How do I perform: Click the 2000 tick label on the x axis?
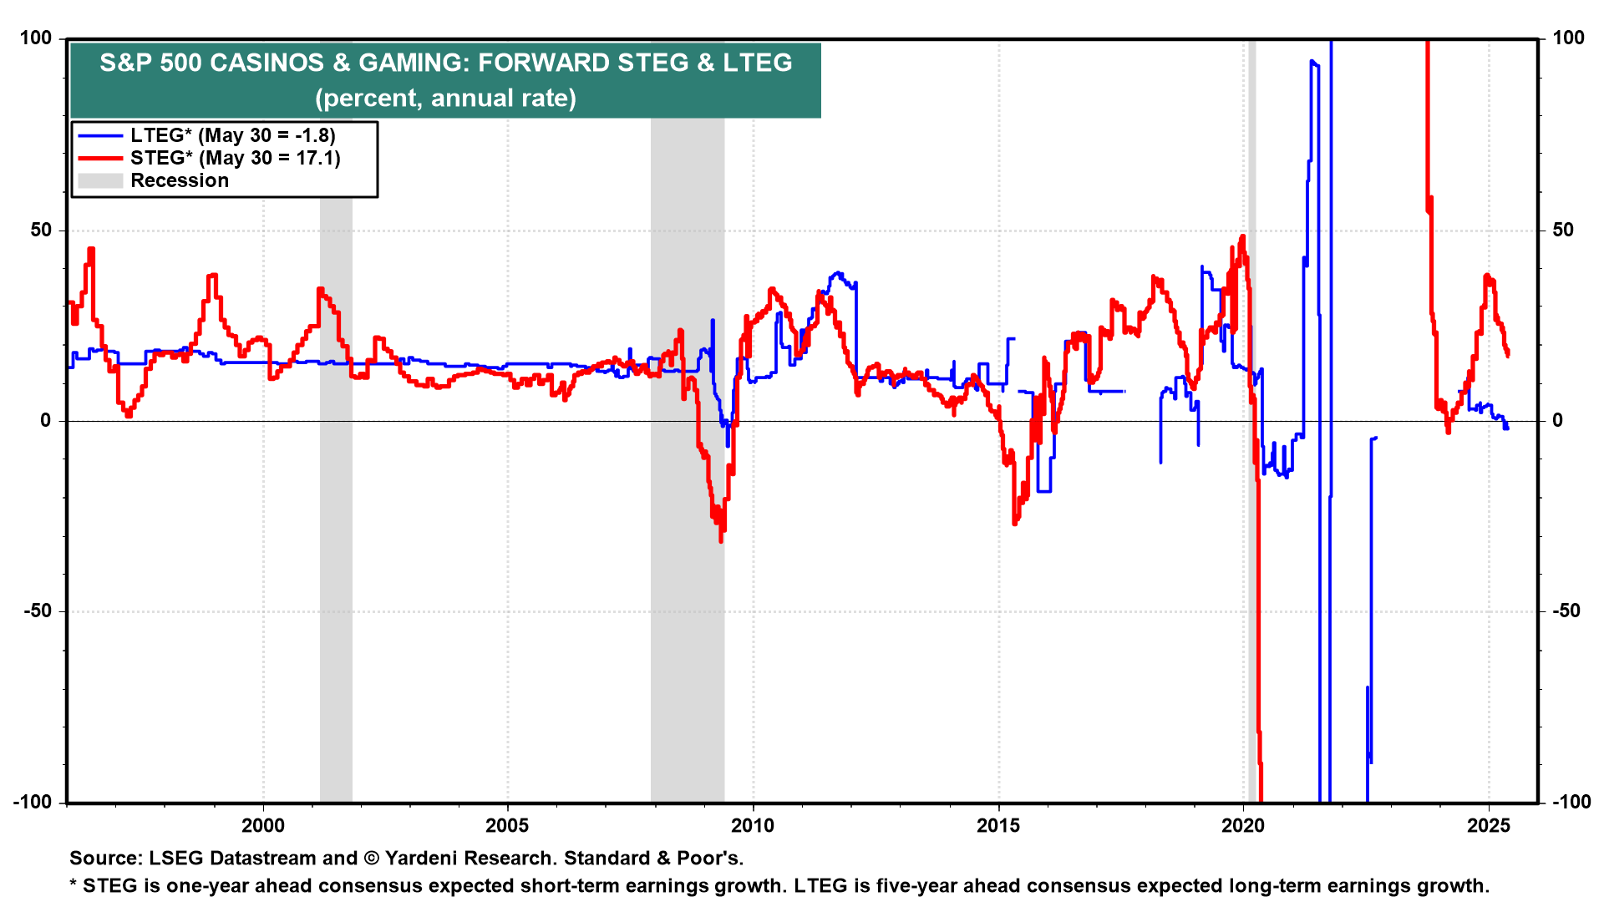pos(262,826)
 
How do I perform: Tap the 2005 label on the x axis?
pos(507,826)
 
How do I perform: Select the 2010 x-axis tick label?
pos(753,826)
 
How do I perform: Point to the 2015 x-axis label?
pos(998,826)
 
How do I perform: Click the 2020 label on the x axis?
pos(1243,826)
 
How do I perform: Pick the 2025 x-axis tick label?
pos(1489,826)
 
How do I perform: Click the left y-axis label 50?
pos(41,230)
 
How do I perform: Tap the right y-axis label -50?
pos(1566,611)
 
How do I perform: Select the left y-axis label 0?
pos(46,421)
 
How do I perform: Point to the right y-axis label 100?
pos(1568,38)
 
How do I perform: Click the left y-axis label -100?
pos(33,802)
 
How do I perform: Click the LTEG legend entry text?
pos(233,135)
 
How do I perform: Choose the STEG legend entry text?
pos(236,158)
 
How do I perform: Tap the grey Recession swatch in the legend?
pos(100,180)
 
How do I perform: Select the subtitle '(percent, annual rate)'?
pos(445,98)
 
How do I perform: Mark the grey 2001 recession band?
pos(336,501)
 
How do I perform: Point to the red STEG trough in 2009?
pos(720,539)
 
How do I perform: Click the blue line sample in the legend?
pos(100,135)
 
